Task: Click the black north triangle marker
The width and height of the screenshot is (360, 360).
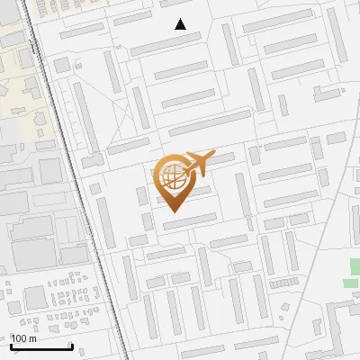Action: click(180, 24)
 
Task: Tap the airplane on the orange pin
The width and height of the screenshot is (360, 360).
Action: click(197, 164)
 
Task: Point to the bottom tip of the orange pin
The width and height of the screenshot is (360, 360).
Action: click(172, 211)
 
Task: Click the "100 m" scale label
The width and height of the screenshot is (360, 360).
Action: click(24, 338)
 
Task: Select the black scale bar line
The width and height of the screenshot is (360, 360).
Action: click(41, 346)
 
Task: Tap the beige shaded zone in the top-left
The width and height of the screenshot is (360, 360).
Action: click(18, 63)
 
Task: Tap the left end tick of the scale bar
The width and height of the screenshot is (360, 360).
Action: click(11, 345)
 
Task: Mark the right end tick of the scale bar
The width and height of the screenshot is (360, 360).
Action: click(72, 345)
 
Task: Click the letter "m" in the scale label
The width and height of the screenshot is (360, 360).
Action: click(32, 338)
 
